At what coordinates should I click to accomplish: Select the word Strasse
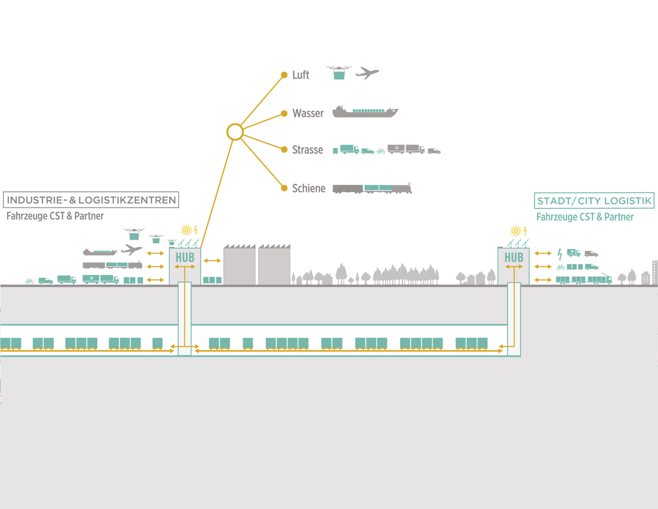pos(307,150)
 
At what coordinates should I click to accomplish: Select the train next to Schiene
pos(372,188)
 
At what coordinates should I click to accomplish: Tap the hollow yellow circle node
pos(235,132)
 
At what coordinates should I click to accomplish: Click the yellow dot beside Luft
pos(284,75)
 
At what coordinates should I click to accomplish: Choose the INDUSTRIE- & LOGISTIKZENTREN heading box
pos(91,200)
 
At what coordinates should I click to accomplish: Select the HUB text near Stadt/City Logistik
pos(514,258)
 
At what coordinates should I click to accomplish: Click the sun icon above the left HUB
pos(186,230)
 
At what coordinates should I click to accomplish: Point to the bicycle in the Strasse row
pos(381,151)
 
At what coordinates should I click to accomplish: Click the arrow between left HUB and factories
pos(212,261)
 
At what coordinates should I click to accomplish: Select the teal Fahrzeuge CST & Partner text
pos(585,217)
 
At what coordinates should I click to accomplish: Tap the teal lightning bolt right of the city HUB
pos(559,254)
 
